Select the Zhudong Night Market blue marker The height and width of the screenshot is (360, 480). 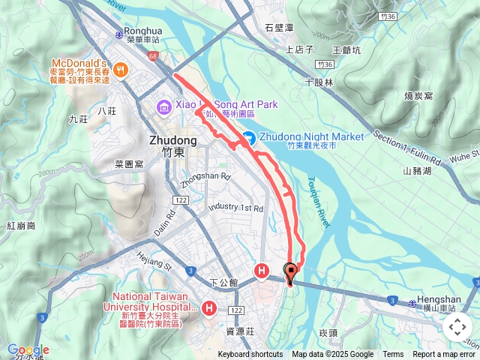click(248, 137)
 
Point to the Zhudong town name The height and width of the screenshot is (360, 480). click(172, 140)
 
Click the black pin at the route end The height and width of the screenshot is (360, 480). click(290, 273)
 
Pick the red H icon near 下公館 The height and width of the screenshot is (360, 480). click(262, 270)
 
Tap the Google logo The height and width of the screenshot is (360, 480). click(28, 350)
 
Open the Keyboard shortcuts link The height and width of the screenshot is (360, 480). click(250, 355)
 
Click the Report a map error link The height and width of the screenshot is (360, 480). click(443, 355)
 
